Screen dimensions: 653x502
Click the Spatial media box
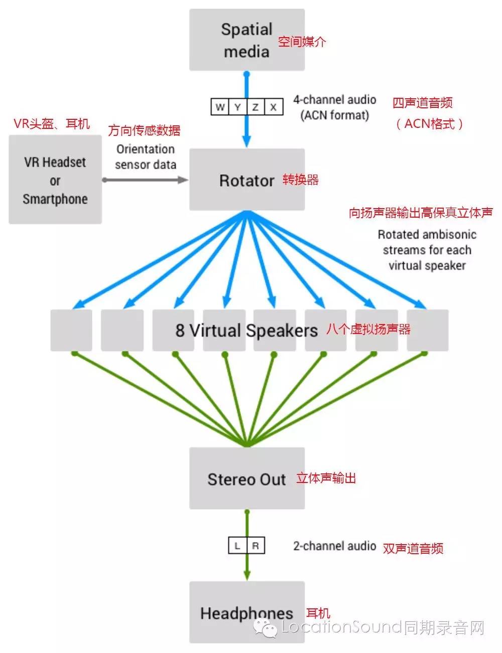246,40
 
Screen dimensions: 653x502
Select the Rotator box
246,180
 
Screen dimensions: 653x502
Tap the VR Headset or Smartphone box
55,180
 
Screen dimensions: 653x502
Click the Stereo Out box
246,478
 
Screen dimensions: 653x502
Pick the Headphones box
246,612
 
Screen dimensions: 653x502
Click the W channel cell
220,107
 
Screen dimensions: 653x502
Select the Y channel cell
238,107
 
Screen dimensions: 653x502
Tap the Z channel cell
256,107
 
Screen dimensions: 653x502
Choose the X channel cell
274,107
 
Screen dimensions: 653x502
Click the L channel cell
237,546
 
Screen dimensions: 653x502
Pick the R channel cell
256,546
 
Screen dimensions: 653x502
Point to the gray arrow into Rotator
146,180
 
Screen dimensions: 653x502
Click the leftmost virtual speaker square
71,330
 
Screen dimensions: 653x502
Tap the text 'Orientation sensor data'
146,156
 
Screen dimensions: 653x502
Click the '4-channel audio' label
335,100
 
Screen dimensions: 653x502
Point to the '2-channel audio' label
335,546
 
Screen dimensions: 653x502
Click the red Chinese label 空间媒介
302,42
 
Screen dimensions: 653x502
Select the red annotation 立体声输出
326,478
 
